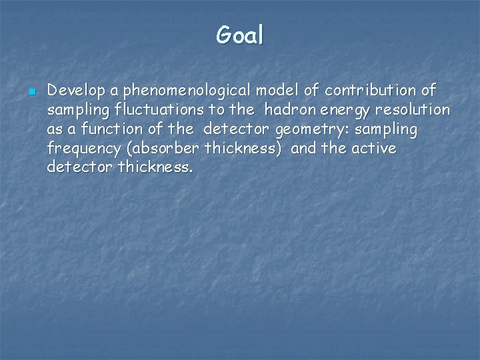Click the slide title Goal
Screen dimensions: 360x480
[240, 35]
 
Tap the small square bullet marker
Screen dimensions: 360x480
[31, 90]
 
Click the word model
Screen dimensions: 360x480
[266, 90]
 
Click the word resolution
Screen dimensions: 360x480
[414, 109]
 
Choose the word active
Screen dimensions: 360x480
[374, 148]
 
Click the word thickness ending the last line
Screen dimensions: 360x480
[155, 167]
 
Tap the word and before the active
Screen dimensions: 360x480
[304, 148]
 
